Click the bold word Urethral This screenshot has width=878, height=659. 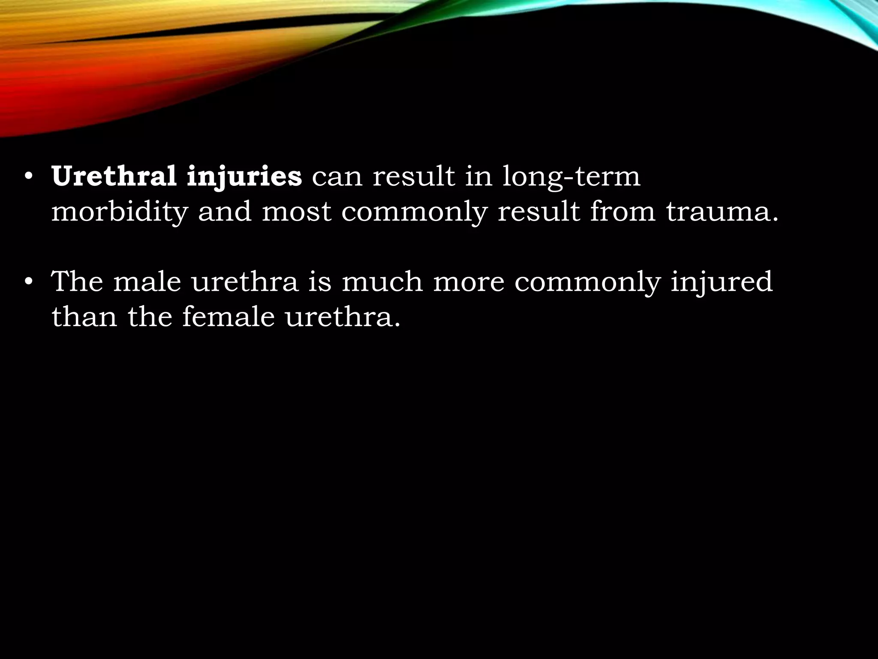coord(114,176)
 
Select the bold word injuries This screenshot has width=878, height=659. coord(244,177)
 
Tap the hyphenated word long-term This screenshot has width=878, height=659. coord(571,177)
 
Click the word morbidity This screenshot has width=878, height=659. coord(120,212)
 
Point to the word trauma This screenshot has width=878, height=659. coord(722,212)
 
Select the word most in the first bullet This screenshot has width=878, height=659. coord(296,212)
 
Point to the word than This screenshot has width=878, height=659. coord(84,317)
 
